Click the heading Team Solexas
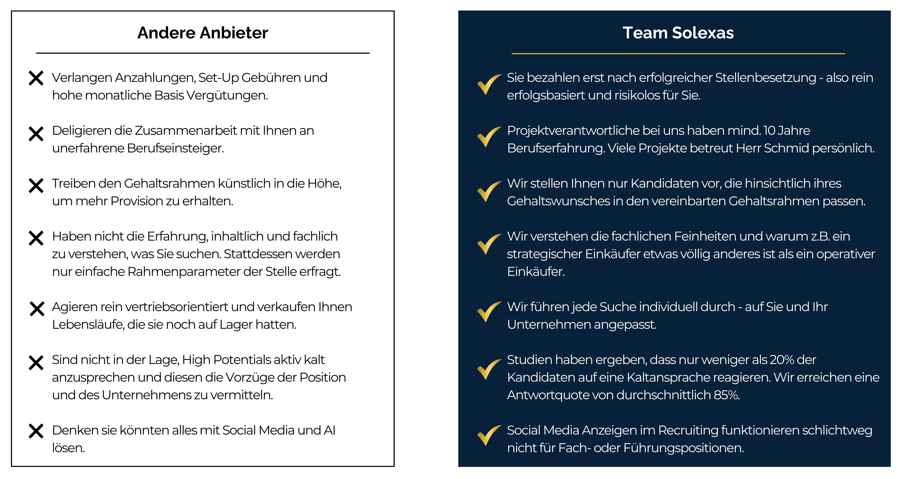point(678,33)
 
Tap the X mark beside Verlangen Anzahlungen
point(36,78)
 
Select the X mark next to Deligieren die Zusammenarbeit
point(36,134)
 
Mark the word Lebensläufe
point(88,325)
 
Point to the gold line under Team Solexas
point(678,53)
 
